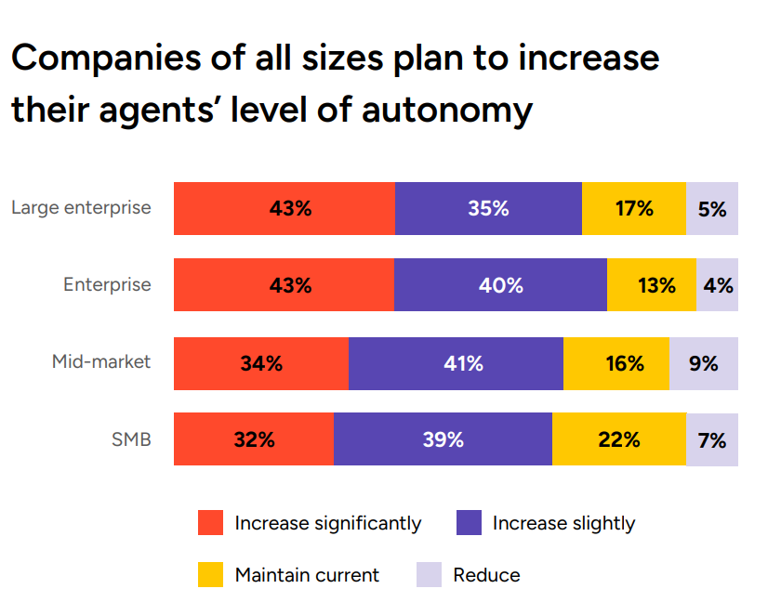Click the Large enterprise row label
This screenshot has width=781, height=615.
point(81,207)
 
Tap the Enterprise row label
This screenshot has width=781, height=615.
point(107,284)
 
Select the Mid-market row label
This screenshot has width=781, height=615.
point(101,361)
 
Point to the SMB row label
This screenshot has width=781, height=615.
point(131,438)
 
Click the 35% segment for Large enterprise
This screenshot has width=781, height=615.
point(488,208)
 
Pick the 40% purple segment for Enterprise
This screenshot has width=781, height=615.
point(500,285)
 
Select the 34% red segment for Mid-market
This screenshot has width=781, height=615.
point(260,363)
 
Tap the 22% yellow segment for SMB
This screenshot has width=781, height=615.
point(618,439)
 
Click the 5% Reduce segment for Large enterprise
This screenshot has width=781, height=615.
point(712,208)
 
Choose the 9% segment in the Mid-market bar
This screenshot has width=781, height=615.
point(704,363)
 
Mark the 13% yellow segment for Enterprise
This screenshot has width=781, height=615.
point(652,285)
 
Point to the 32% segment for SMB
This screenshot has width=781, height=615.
point(254,439)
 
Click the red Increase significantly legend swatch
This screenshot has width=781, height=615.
point(211,523)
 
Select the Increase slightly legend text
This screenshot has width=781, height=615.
point(563,523)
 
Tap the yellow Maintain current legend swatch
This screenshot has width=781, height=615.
point(211,575)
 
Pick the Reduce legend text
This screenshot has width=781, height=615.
point(486,575)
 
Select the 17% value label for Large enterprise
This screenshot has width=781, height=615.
point(634,208)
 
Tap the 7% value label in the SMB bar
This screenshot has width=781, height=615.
point(712,439)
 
